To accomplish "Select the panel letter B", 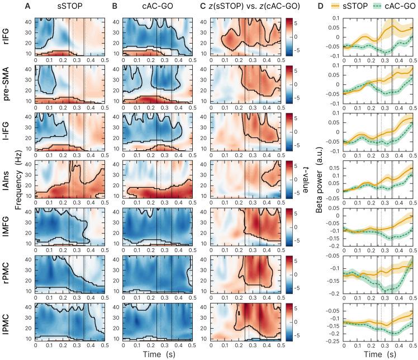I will pyautogui.click(x=115, y=7).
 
